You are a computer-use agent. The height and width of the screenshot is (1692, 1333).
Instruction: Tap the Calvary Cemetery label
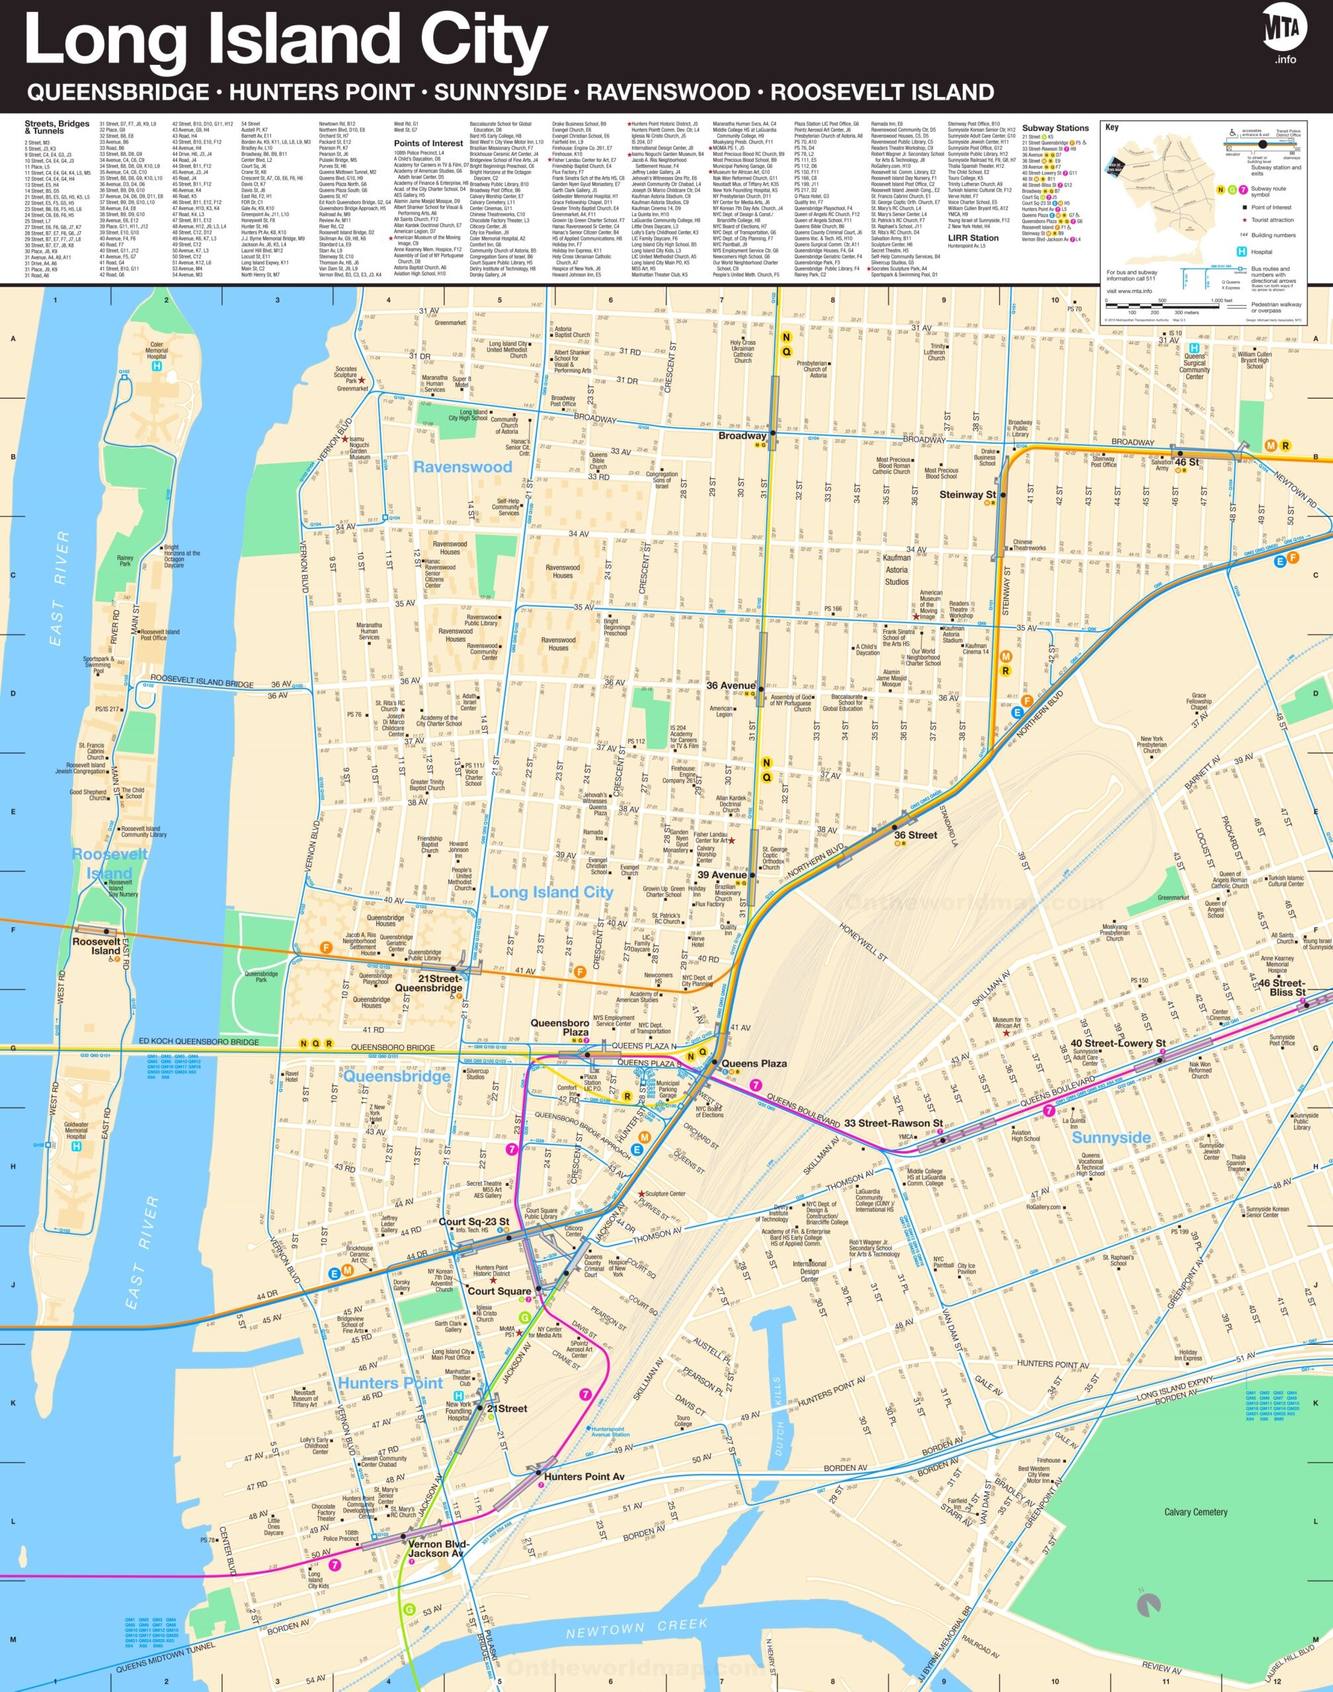pyautogui.click(x=1195, y=1512)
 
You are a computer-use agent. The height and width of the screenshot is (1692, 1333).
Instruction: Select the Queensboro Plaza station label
pyautogui.click(x=559, y=1027)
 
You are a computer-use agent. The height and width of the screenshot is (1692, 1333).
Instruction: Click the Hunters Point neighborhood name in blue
pyautogui.click(x=390, y=1383)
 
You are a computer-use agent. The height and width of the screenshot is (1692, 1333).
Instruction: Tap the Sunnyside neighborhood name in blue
pyautogui.click(x=1111, y=1137)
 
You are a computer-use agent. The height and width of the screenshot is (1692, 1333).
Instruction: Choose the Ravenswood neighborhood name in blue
pyautogui.click(x=462, y=467)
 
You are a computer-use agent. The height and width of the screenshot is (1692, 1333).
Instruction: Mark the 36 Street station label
pyautogui.click(x=916, y=835)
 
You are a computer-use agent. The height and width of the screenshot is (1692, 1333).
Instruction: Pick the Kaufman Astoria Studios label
pyautogui.click(x=896, y=570)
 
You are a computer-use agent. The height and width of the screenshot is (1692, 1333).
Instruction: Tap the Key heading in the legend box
pyautogui.click(x=1111, y=127)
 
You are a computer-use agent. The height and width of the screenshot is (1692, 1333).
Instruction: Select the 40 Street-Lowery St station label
pyautogui.click(x=1117, y=1043)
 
